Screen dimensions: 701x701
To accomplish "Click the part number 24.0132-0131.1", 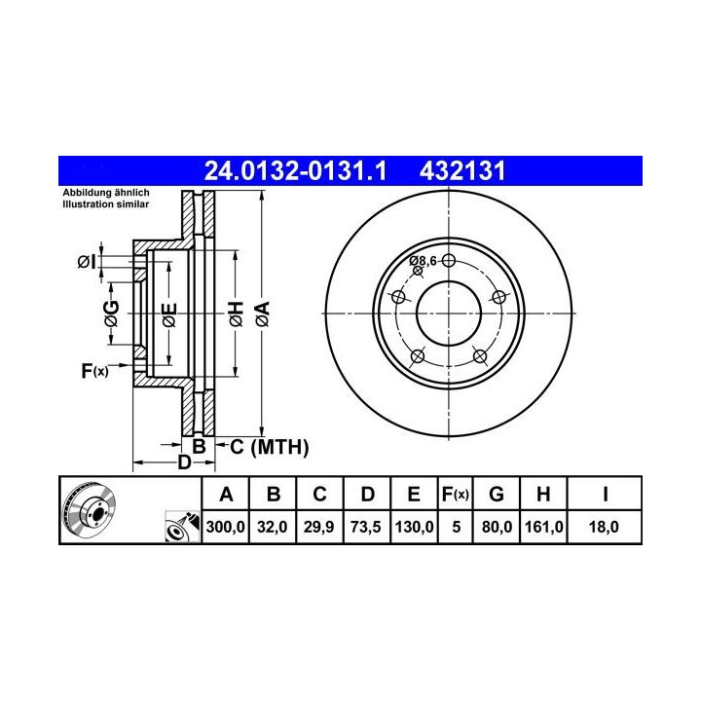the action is point(295,171).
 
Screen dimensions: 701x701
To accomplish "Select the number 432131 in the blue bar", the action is point(462,171).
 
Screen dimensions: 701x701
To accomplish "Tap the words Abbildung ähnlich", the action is point(106,193).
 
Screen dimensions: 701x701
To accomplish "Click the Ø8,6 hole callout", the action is point(423,261).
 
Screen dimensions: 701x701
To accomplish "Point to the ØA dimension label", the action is point(263,314).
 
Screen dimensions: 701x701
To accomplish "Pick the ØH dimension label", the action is point(236,314).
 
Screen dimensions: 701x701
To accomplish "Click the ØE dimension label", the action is point(169,315).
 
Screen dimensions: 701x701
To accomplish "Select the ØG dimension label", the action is point(111,314).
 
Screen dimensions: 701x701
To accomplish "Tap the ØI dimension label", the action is point(87,262).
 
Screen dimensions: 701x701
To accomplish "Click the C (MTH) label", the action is point(269,447).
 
